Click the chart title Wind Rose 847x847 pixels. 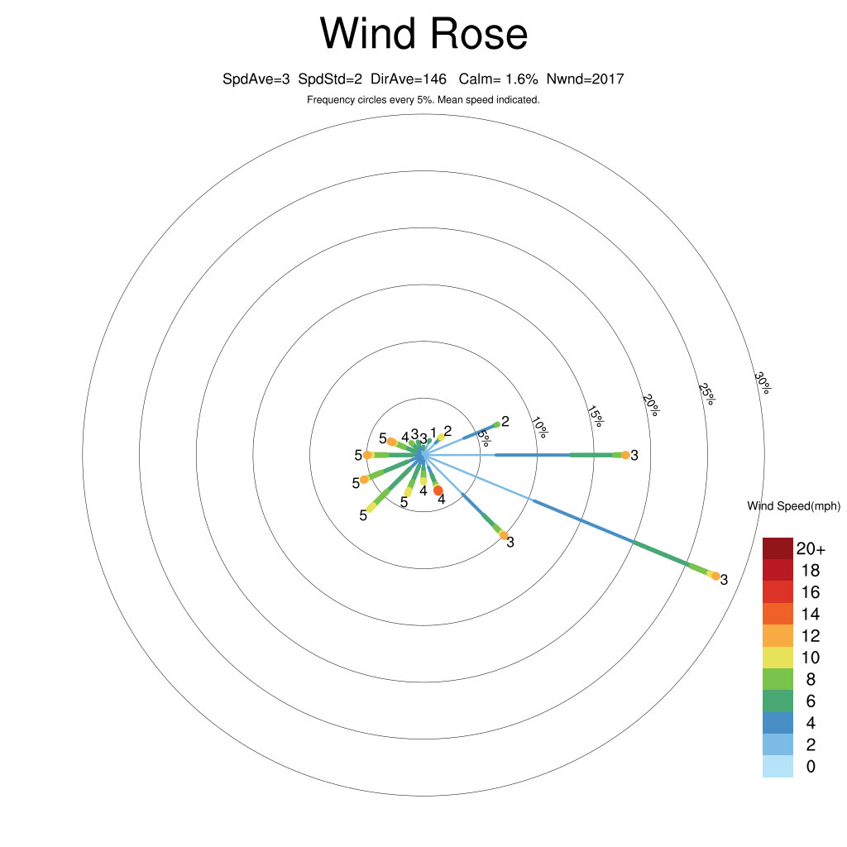423,33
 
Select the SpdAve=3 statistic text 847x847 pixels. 256,79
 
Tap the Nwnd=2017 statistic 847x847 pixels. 585,79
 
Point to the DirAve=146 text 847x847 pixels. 409,79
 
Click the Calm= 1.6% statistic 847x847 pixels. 498,79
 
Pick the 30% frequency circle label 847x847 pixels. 763,382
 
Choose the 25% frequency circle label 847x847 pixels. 706,394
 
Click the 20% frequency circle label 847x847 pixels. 651,405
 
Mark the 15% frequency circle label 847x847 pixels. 595,416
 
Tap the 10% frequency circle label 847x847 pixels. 539,427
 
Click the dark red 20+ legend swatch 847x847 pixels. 778,549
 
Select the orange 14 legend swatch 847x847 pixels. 778,615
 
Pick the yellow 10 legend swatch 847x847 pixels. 778,658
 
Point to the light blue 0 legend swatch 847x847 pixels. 778,767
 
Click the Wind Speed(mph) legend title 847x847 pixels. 793,506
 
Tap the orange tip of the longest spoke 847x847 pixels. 715,577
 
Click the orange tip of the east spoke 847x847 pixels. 625,456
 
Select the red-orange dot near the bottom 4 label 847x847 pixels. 438,490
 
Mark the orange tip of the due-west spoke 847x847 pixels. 368,456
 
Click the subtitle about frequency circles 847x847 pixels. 423,100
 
